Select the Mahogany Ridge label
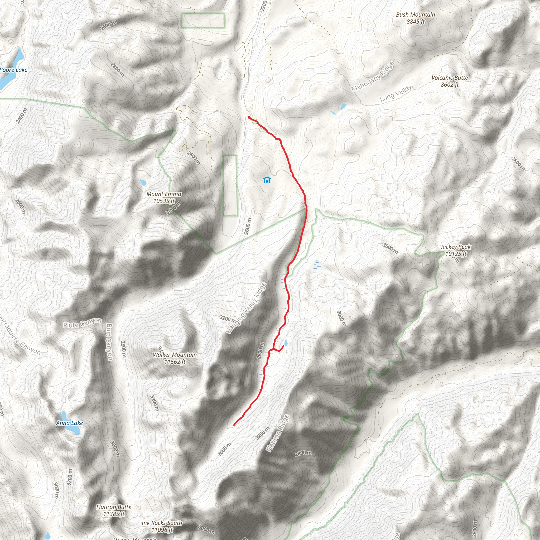pos(373,76)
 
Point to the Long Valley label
pos(396,93)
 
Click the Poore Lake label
pos(14,70)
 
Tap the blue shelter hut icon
pos(267,180)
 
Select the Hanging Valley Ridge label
pos(246,308)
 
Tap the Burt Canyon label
pos(109,342)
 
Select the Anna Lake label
pos(70,423)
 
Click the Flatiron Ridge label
pos(278,433)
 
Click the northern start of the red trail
pos(249,117)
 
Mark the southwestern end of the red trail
pos(234,425)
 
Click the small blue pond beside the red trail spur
pos(285,343)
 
